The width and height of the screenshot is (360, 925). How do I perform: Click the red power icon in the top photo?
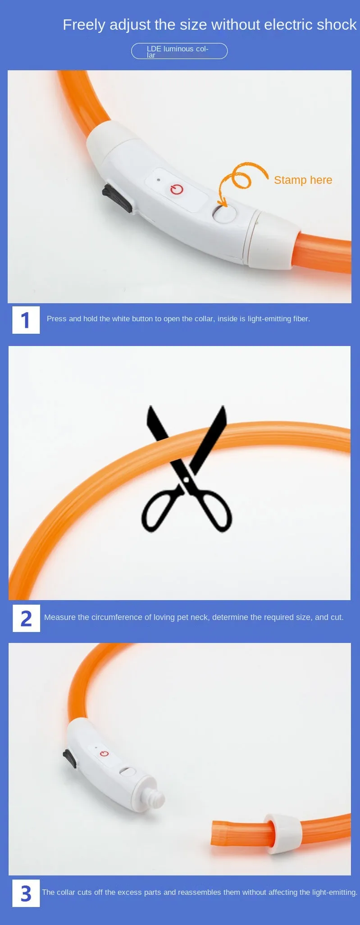pos(177,189)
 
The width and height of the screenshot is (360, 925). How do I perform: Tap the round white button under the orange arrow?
pos(225,214)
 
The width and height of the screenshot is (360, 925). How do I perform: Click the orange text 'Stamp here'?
pos(303,180)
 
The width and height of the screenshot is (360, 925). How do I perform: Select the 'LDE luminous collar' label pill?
pos(179,51)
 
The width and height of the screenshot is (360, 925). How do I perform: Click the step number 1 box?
pos(26,320)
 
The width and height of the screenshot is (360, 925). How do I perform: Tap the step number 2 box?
pos(26,618)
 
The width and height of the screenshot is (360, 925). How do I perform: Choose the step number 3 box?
pos(26,893)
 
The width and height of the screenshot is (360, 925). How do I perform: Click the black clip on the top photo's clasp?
pos(117,197)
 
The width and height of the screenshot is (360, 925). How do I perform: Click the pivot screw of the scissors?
pos(186,481)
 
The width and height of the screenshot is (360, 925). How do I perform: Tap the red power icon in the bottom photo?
pos(105,754)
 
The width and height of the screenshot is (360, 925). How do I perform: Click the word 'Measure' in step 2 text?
pos(60,617)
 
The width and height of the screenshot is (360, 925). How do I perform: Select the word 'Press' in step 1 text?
pos(57,319)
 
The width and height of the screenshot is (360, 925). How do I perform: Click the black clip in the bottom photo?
pos(70,759)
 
